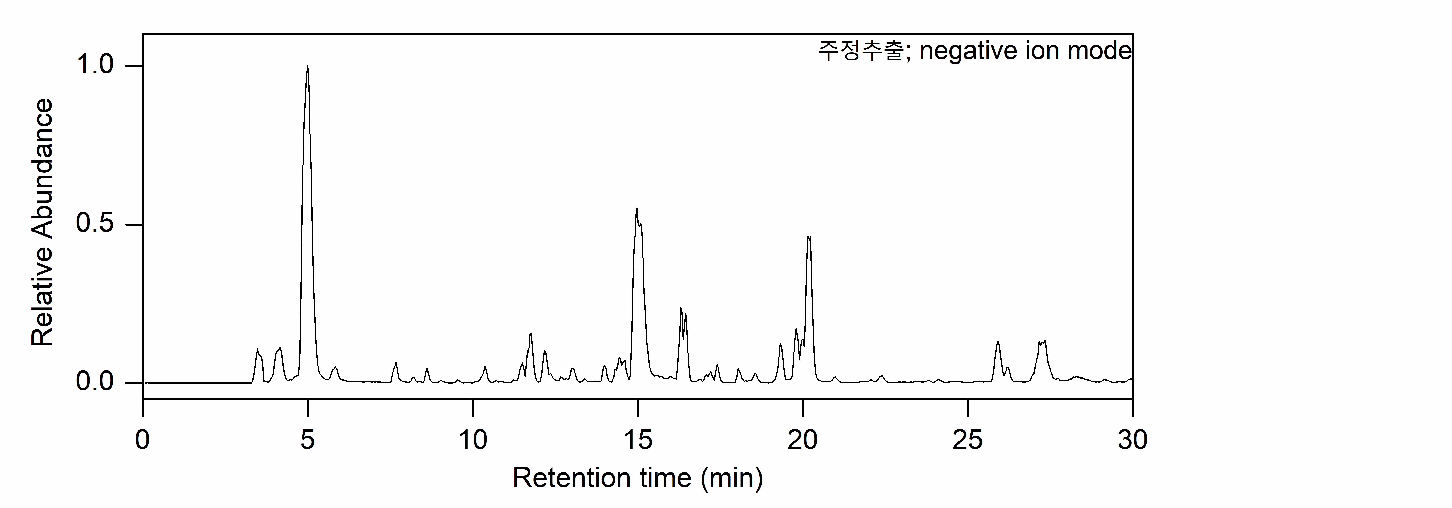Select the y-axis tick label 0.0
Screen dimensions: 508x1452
95,382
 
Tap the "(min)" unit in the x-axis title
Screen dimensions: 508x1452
732,478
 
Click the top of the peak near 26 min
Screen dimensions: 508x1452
998,341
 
